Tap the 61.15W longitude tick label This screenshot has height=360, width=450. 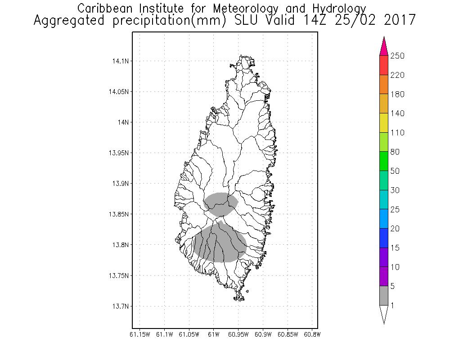pyautogui.click(x=139, y=334)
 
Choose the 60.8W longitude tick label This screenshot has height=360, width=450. pyautogui.click(x=312, y=334)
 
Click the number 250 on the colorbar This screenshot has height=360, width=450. pyautogui.click(x=397, y=56)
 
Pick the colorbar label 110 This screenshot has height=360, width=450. pyautogui.click(x=397, y=133)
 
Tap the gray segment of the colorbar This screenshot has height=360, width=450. pyautogui.click(x=383, y=296)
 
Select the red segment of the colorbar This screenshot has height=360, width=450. pyautogui.click(x=383, y=65)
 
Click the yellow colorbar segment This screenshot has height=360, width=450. pyautogui.click(x=383, y=123)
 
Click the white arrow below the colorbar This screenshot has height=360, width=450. pyautogui.click(x=383, y=314)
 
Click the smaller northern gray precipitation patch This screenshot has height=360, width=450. pyautogui.click(x=220, y=203)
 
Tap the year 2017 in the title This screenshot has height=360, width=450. pyautogui.click(x=396, y=21)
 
